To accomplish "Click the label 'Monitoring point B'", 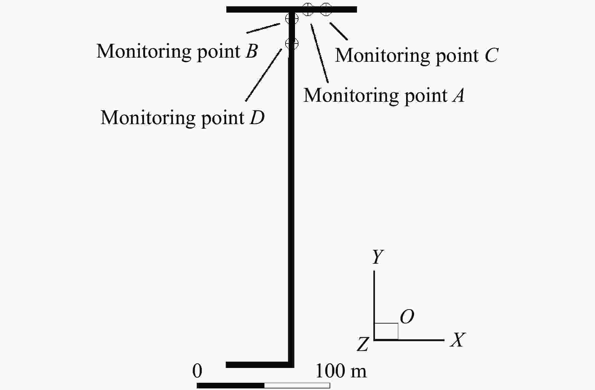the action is pyautogui.click(x=177, y=51).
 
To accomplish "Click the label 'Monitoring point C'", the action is pyautogui.click(x=416, y=55).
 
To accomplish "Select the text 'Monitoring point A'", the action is pyautogui.click(x=384, y=95).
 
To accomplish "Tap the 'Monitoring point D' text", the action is pyautogui.click(x=183, y=118).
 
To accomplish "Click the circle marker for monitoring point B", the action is pyautogui.click(x=292, y=18).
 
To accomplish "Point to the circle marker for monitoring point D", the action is pyautogui.click(x=292, y=43).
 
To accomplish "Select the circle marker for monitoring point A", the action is pyautogui.click(x=308, y=9).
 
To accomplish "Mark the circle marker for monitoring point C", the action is pyautogui.click(x=326, y=9).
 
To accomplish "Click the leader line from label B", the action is pyautogui.click(x=263, y=28).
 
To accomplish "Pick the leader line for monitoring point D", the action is pyautogui.click(x=264, y=75).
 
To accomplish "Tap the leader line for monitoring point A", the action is pyautogui.click(x=320, y=53).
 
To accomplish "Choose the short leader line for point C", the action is pyautogui.click(x=339, y=31).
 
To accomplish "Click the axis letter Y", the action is pyautogui.click(x=378, y=257).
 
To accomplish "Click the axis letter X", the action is pyautogui.click(x=458, y=340).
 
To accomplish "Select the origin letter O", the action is pyautogui.click(x=407, y=317).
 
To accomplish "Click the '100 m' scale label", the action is pyautogui.click(x=341, y=371).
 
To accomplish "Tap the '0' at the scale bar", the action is pyautogui.click(x=197, y=371).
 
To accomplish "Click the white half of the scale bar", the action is pyautogui.click(x=297, y=386).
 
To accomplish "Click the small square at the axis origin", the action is pyautogui.click(x=386, y=323).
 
